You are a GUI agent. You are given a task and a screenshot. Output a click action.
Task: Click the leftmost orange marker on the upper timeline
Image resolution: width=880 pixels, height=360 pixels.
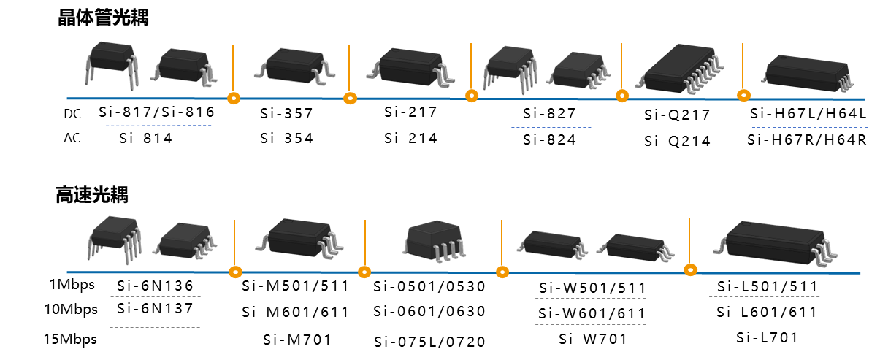tap(234, 98)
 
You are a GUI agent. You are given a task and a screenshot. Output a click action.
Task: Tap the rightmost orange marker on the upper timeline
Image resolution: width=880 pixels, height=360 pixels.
tap(743, 95)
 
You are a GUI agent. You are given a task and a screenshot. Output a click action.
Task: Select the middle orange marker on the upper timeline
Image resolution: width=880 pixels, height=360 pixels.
tap(472, 96)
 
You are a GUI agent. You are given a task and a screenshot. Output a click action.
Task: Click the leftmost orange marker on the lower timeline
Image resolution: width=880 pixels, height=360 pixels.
tap(235, 272)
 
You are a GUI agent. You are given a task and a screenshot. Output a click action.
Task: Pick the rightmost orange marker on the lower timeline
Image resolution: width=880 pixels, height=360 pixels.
tap(690, 270)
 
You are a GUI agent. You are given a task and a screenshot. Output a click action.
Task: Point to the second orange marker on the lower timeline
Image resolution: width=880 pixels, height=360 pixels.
tap(364, 272)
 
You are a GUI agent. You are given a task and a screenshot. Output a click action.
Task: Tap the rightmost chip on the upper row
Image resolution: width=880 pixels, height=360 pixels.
tap(807, 73)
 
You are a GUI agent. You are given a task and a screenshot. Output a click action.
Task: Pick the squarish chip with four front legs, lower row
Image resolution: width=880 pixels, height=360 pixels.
tap(434, 240)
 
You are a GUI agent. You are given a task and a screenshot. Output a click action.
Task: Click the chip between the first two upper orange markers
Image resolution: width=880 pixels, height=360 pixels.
tap(294, 66)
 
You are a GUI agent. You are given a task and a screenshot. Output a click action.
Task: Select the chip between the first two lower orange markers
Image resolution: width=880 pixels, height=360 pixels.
tap(299, 237)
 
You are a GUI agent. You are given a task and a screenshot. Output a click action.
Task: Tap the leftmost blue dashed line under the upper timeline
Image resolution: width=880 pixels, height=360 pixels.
tap(158, 126)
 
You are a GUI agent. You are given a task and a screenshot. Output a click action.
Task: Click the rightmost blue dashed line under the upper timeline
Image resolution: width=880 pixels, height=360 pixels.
tap(809, 127)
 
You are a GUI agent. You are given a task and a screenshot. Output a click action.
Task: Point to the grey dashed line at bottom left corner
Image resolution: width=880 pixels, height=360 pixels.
tap(154, 327)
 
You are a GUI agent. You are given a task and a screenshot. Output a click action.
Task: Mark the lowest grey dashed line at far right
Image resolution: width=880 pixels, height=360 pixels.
tap(765, 323)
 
